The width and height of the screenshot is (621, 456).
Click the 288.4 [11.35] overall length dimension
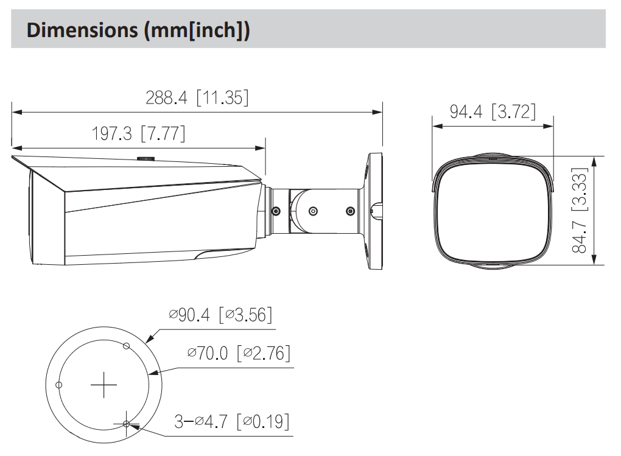click(x=197, y=97)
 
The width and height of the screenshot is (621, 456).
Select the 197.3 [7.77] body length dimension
click(x=138, y=133)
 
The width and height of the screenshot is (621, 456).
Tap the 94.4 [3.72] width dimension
click(x=493, y=111)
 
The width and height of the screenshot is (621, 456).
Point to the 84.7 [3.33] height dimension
click(x=580, y=211)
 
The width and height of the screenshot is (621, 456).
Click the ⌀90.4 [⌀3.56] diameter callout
click(x=220, y=315)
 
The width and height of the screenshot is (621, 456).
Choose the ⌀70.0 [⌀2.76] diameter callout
click(x=239, y=353)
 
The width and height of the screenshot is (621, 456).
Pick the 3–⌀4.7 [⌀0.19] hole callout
click(x=232, y=421)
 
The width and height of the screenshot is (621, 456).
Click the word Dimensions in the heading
click(x=82, y=30)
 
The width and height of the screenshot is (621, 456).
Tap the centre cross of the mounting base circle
click(x=103, y=385)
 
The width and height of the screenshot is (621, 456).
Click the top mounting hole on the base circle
click(x=127, y=346)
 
